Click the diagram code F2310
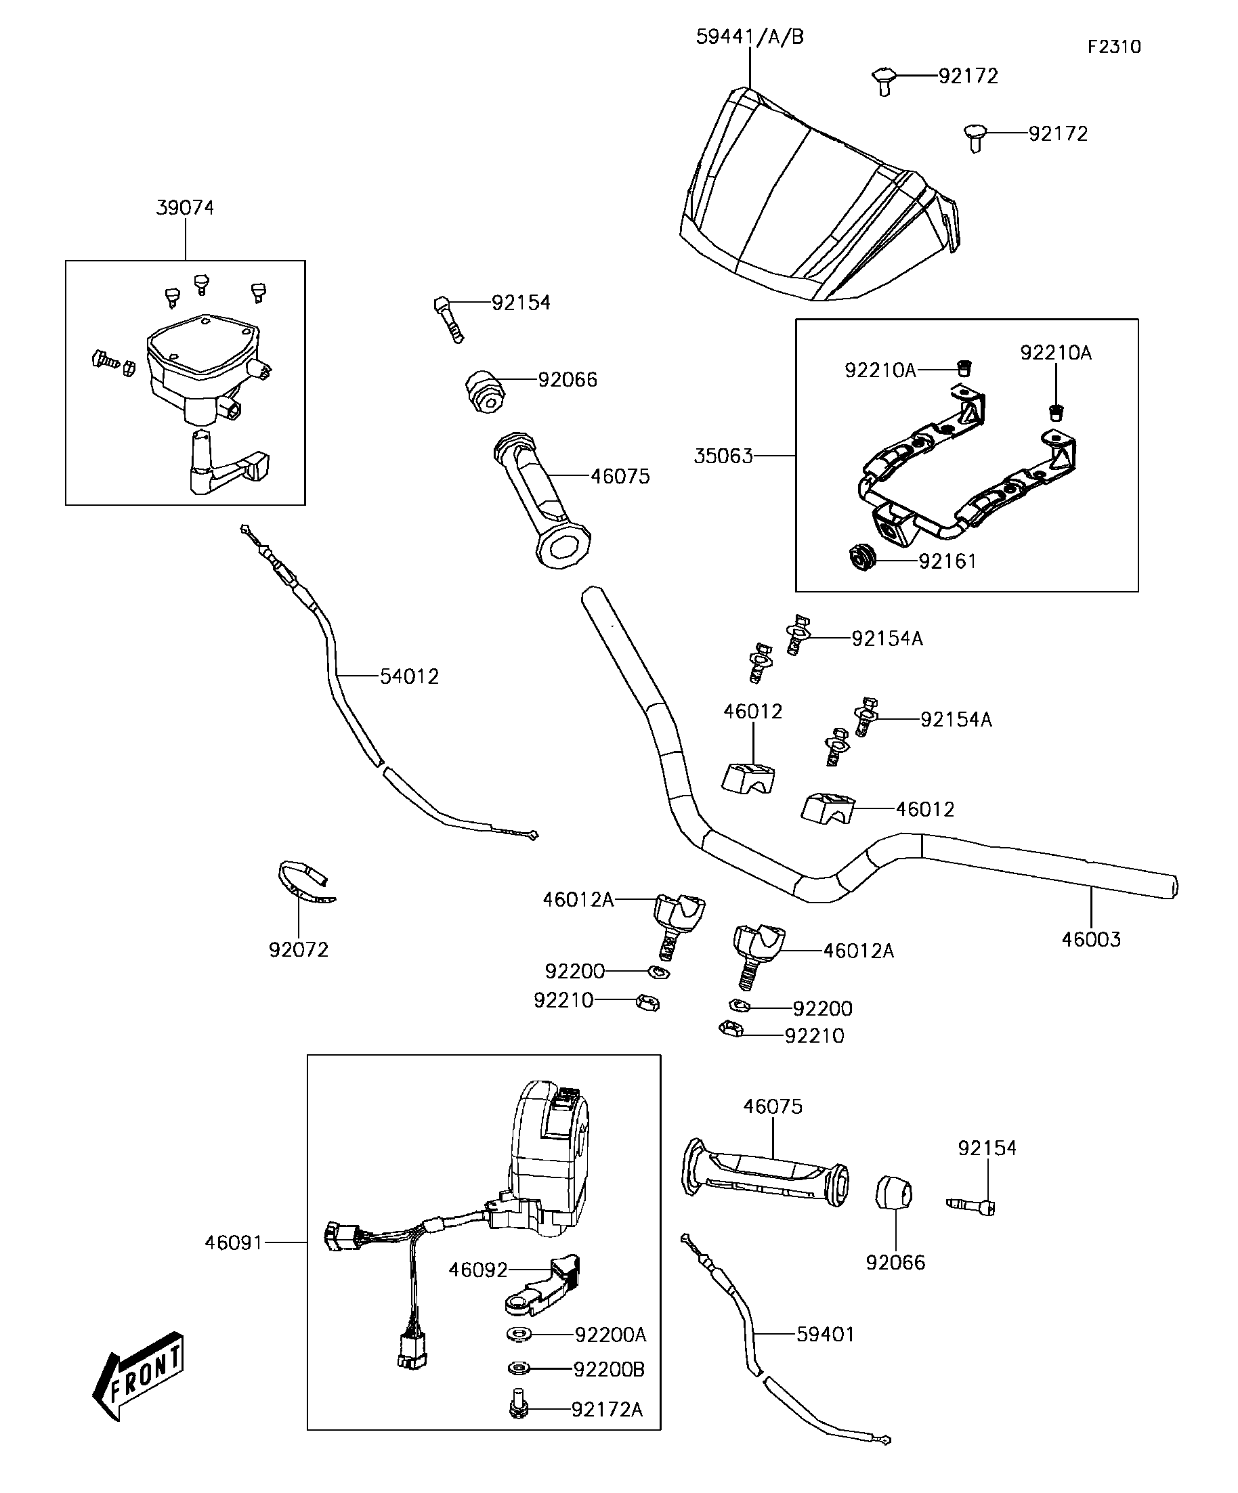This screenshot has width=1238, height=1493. (x=1113, y=47)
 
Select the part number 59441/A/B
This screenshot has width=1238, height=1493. (x=750, y=37)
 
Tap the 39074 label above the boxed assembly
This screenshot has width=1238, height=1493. (x=185, y=208)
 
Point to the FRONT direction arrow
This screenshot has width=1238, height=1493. (x=139, y=1377)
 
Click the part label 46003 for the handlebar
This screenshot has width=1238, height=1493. (x=1091, y=939)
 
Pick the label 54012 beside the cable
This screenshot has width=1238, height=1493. (x=409, y=676)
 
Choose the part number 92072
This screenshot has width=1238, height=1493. (x=299, y=949)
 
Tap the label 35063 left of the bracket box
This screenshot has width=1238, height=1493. (x=723, y=456)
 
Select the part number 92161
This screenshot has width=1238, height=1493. (x=947, y=562)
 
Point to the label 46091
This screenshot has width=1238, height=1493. (x=234, y=1242)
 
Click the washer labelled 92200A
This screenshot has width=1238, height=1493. (x=519, y=1335)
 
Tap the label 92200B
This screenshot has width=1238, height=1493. (x=609, y=1369)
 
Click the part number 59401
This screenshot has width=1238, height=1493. (x=825, y=1335)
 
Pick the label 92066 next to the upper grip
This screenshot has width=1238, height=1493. (x=568, y=380)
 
